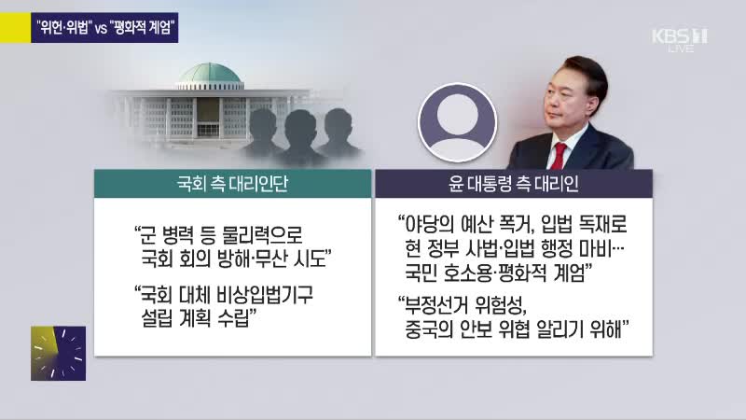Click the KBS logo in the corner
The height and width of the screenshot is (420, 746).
pos(680,40)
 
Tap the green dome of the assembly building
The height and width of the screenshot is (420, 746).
pos(210,74)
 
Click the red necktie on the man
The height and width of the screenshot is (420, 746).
pos(559,156)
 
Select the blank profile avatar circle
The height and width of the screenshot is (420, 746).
pos(458,123)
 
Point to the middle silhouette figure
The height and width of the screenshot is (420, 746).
pos(300,137)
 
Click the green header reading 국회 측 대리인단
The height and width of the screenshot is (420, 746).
pos(232,184)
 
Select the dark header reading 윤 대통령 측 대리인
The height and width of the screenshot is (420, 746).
pos(514,184)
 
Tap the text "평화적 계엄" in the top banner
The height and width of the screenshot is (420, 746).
pos(143,28)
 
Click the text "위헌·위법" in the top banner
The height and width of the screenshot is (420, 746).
pos(63,28)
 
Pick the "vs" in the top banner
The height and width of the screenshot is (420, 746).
pos(101,29)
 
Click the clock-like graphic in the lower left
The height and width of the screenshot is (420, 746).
pos(59,354)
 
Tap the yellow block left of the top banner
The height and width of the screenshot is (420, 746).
pos(15,28)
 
